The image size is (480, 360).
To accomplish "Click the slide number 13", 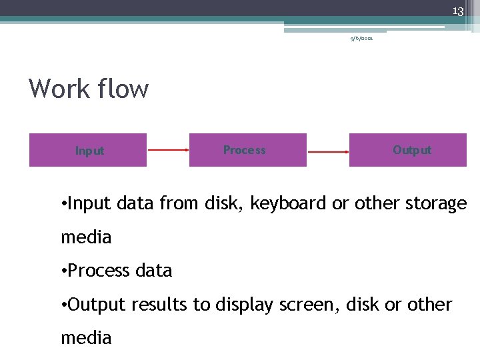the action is coord(457,11).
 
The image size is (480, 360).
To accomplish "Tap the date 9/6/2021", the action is coord(362,39).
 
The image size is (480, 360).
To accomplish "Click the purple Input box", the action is coord(88,150).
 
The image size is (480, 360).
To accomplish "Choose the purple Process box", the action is coord(247,150).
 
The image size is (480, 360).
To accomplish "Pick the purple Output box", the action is coord(407,150).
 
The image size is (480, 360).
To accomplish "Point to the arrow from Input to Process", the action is coord(168,150).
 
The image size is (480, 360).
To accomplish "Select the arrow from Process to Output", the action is coord(328,151).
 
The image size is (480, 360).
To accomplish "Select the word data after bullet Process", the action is coord(153,271).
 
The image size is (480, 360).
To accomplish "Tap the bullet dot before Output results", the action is coord(63,305).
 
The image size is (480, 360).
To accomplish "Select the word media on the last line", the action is coord(86,338).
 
